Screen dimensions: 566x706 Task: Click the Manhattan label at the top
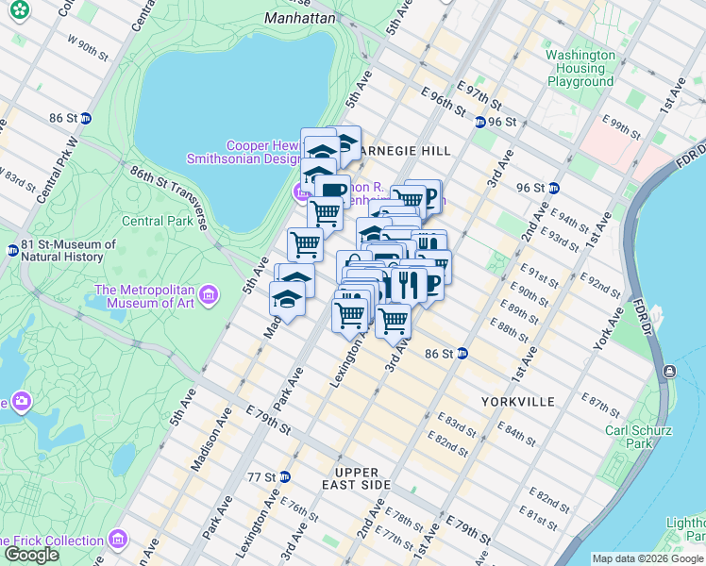pos(300,18)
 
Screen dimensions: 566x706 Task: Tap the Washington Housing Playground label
pos(580,68)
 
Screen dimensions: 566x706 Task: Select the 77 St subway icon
pos(284,476)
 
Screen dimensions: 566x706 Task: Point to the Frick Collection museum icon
pos(118,541)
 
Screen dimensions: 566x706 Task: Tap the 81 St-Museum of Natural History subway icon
pos(12,251)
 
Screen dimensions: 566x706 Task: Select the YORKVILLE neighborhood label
pos(517,401)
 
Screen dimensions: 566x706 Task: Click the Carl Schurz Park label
pos(638,437)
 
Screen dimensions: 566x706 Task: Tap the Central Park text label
pos(157,222)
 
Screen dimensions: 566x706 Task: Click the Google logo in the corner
pos(31,555)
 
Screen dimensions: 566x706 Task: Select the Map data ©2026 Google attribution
pos(647,558)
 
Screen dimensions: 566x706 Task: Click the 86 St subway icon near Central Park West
pos(86,119)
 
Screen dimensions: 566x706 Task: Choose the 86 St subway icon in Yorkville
pos(462,354)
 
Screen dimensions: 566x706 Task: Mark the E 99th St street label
pos(625,125)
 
